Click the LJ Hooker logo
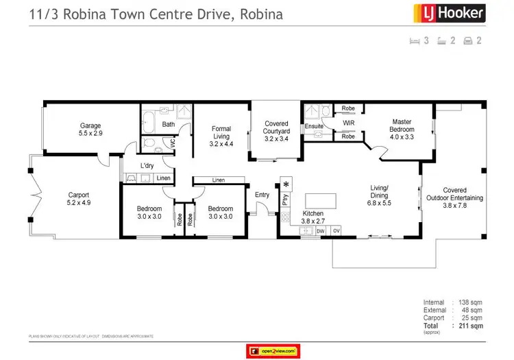click(x=448, y=13)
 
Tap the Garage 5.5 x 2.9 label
click(x=90, y=130)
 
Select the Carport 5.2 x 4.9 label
click(x=79, y=198)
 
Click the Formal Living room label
click(x=221, y=136)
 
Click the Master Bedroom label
click(x=400, y=125)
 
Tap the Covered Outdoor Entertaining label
click(x=463, y=198)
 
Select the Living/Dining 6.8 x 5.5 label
click(x=379, y=195)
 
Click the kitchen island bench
click(x=321, y=200)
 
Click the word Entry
click(x=262, y=195)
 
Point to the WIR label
click(x=347, y=123)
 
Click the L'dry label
click(x=146, y=166)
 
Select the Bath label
click(x=168, y=124)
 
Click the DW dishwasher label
click(x=320, y=232)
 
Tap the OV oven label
click(x=336, y=232)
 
